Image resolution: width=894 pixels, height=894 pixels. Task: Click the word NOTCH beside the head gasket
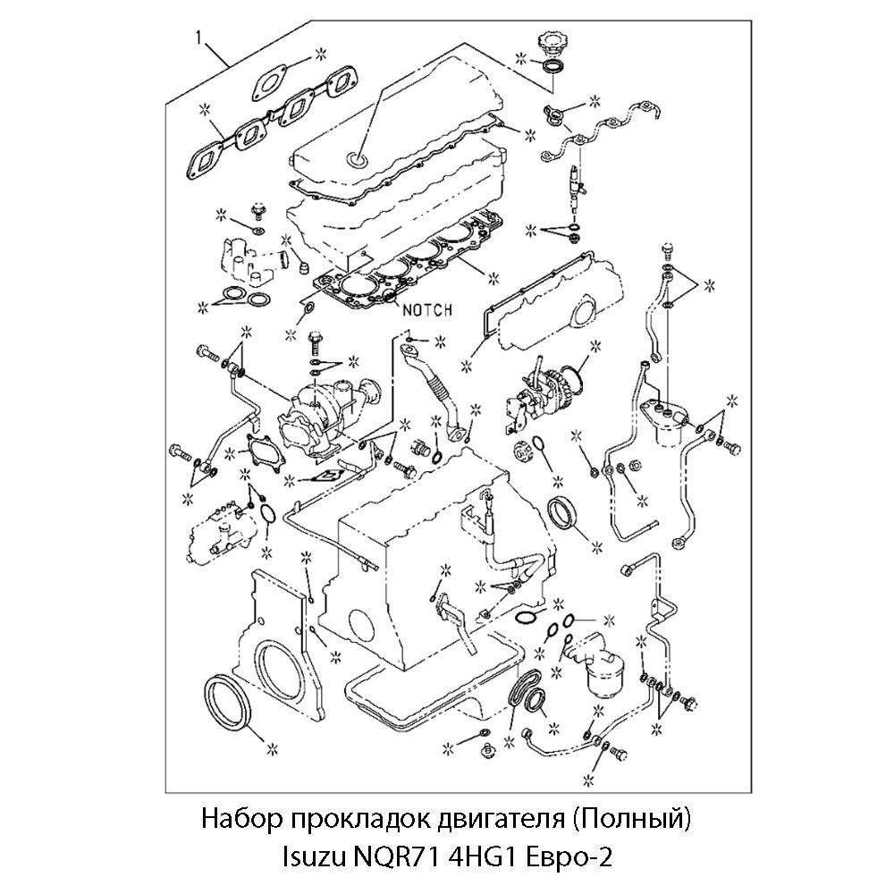coord(427,309)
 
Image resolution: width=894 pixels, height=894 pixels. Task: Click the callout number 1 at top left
coord(198,38)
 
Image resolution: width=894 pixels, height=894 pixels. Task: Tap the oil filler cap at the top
coord(548,44)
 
